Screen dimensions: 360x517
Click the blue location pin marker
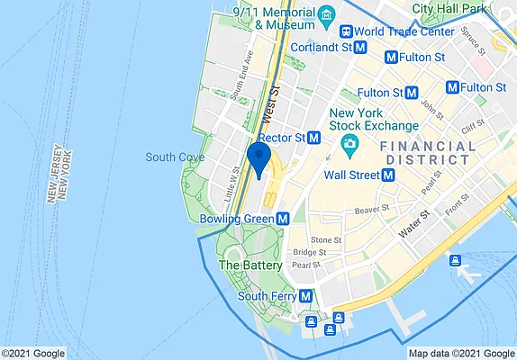259,158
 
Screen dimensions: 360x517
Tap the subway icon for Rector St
314,138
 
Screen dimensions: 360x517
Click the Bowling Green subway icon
283,218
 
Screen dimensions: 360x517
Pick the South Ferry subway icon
306,295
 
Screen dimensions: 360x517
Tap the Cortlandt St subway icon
359,46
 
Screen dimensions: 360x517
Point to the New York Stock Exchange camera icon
348,144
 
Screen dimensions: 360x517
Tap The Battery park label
250,265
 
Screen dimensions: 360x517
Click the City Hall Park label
449,8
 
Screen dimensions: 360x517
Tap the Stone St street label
325,240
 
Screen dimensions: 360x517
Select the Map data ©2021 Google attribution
461,353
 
